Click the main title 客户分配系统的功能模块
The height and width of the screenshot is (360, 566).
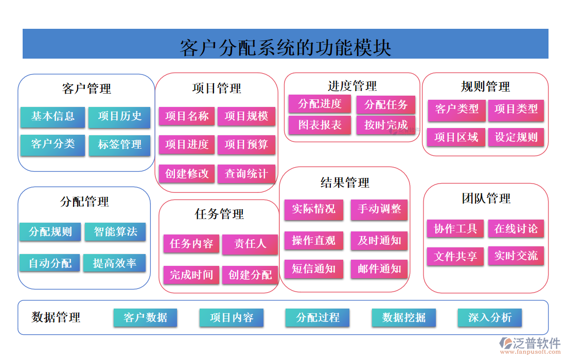coord(286,47)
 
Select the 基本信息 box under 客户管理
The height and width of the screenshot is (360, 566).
coord(52,117)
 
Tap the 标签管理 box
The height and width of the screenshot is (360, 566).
coord(119,145)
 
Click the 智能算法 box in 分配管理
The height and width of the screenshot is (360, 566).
coord(115,232)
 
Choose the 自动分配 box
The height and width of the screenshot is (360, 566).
coord(50,263)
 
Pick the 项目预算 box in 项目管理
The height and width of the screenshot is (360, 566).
coord(246,145)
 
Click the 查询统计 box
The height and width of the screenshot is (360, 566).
coord(246,174)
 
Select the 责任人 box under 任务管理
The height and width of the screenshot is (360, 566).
coord(250,244)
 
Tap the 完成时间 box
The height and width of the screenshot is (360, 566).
coord(191,275)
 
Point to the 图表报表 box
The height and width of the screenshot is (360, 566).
coord(320,125)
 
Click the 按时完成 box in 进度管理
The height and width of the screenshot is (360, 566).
coord(386,125)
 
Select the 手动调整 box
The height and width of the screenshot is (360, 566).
coord(379,209)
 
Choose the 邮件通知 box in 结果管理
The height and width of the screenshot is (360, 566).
coord(379,268)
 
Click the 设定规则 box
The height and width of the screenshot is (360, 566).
coord(516,137)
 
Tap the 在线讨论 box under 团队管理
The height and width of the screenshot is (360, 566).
coord(516,229)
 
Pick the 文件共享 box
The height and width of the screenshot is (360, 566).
coord(455,256)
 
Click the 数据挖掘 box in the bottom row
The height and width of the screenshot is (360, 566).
coord(404,318)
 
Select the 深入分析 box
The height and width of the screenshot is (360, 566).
coord(490,318)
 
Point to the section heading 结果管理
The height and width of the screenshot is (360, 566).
coord(345,183)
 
